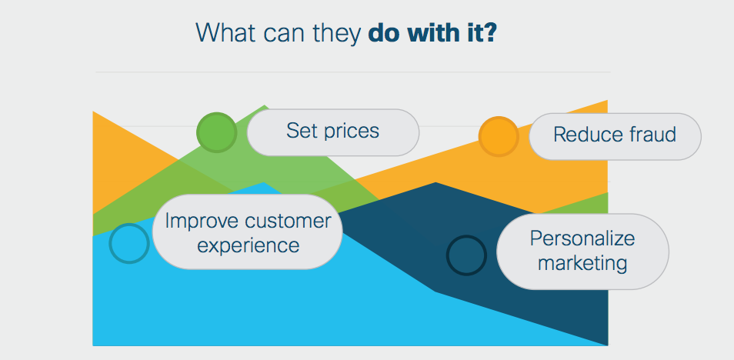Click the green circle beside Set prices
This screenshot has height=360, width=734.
tap(217, 132)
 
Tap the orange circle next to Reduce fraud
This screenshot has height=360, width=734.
tap(499, 136)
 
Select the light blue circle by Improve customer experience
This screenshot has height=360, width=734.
tap(129, 243)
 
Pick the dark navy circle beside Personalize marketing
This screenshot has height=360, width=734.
tap(466, 255)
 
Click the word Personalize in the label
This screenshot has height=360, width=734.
tap(582, 238)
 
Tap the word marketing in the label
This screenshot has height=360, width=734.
tap(582, 264)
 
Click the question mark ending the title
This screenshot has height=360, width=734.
tap(489, 34)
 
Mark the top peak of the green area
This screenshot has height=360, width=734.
tap(265, 105)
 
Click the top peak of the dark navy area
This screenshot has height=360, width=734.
tap(435, 182)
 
